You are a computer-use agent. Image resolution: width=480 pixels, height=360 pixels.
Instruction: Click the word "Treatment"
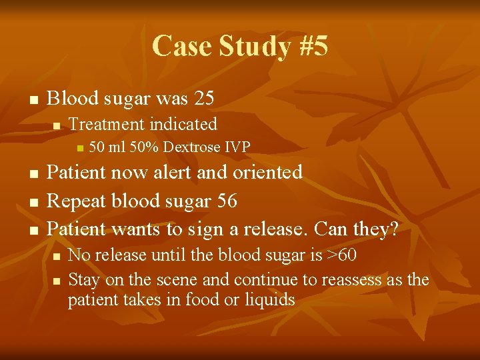click(x=107, y=124)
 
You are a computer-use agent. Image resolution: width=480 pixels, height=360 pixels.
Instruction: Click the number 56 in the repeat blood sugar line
click(x=225, y=201)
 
